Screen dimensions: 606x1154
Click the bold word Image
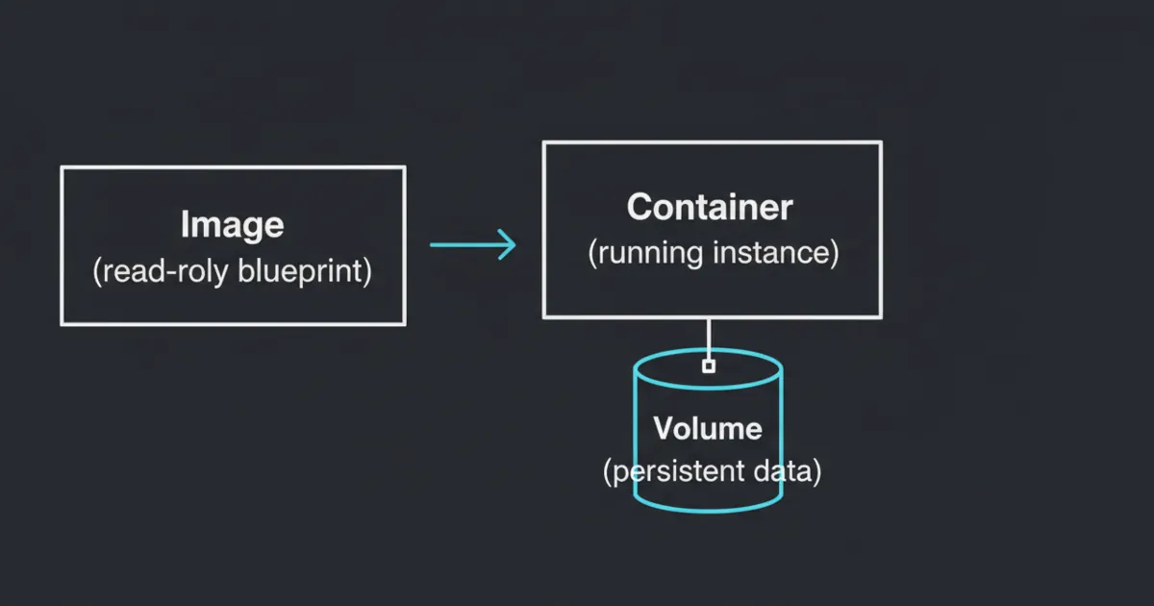point(232,225)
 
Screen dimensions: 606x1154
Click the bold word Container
point(710,207)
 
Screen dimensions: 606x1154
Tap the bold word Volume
point(708,428)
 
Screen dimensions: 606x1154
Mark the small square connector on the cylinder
point(709,366)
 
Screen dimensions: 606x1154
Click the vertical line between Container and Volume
point(709,337)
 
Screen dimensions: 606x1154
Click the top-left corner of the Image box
point(63,167)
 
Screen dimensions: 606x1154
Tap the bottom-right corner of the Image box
point(404,323)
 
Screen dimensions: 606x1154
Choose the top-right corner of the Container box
point(880,143)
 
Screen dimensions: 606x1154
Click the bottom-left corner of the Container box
point(544,316)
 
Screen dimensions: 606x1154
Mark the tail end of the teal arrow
point(432,245)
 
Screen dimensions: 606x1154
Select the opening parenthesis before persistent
point(608,473)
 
